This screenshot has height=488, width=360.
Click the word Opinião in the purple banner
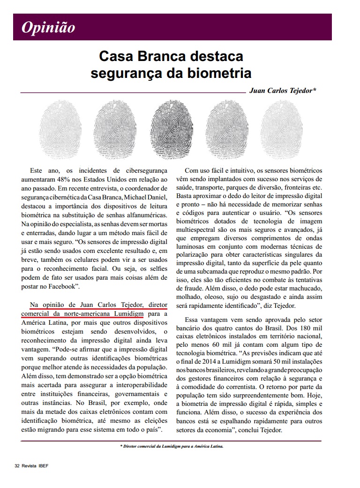(48, 27)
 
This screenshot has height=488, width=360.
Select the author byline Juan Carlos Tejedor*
(283, 90)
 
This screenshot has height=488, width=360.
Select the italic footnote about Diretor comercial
(172, 446)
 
